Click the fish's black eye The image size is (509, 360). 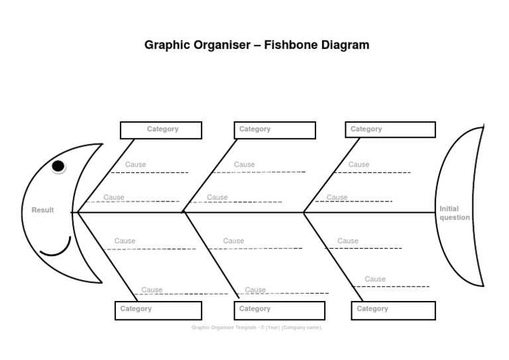pyautogui.click(x=58, y=166)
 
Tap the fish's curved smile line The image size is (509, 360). pyautogui.click(x=56, y=253)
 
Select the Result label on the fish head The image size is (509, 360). pyautogui.click(x=43, y=210)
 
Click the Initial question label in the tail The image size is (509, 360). pyautogui.click(x=454, y=213)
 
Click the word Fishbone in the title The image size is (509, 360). pyautogui.click(x=289, y=45)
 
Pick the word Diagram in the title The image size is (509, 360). pyautogui.click(x=343, y=45)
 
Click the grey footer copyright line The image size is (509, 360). pyautogui.click(x=256, y=327)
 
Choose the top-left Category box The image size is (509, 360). pyautogui.click(x=161, y=130)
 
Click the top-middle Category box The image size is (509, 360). pyautogui.click(x=275, y=130)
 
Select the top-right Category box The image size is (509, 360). pyautogui.click(x=390, y=130)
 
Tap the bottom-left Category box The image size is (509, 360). pyautogui.click(x=158, y=310)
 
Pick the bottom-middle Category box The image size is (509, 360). pyautogui.click(x=279, y=310)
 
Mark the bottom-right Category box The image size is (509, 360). pyautogui.click(x=393, y=310)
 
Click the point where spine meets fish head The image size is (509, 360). pyautogui.click(x=78, y=212)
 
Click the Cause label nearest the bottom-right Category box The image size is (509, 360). pyautogui.click(x=375, y=279)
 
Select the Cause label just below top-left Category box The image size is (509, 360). pyautogui.click(x=136, y=164)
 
